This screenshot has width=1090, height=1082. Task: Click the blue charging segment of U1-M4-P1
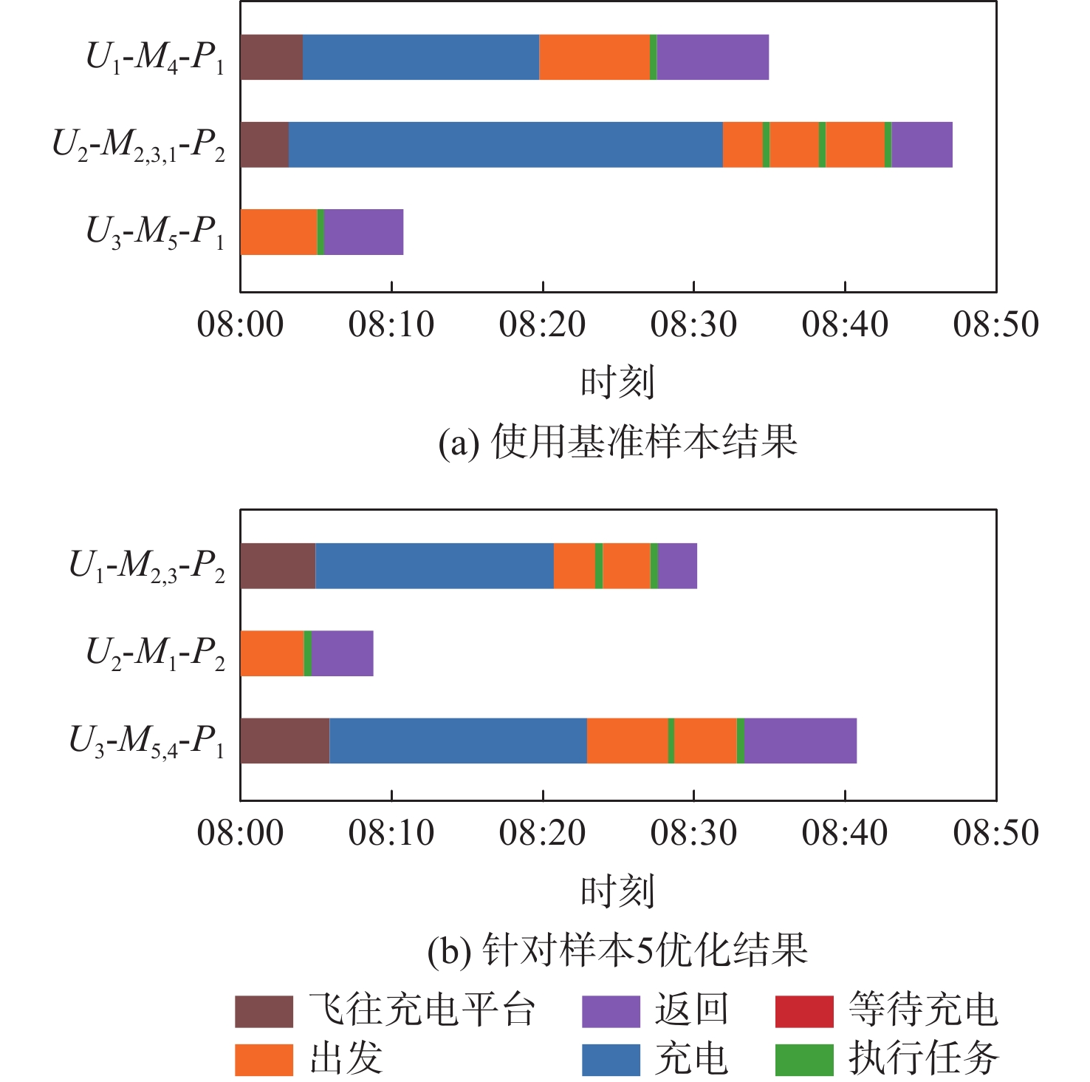[421, 57]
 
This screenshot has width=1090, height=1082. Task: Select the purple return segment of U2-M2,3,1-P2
[922, 145]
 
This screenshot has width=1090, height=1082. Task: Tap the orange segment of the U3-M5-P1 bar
[278, 232]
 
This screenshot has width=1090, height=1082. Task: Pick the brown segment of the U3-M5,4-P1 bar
[284, 741]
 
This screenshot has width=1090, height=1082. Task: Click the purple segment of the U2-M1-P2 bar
[342, 653]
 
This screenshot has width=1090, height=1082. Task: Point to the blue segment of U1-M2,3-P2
[434, 566]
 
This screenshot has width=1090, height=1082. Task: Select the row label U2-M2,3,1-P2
[139, 145]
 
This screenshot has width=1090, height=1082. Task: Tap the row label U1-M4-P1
[155, 58]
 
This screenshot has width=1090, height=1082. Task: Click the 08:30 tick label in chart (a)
[693, 324]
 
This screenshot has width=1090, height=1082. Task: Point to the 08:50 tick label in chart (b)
[995, 833]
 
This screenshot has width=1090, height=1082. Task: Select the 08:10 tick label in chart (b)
[391, 833]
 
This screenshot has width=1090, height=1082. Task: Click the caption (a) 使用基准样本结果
[617, 442]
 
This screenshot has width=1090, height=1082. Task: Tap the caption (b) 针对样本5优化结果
[617, 950]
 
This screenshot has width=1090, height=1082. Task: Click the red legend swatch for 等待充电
[803, 1011]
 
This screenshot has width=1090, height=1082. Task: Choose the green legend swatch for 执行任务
[803, 1059]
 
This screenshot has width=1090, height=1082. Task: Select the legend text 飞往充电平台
[422, 1010]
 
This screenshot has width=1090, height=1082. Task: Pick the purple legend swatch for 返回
[610, 1011]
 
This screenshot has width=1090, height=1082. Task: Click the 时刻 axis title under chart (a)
[617, 382]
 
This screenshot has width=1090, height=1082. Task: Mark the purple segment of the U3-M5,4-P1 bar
[800, 741]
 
